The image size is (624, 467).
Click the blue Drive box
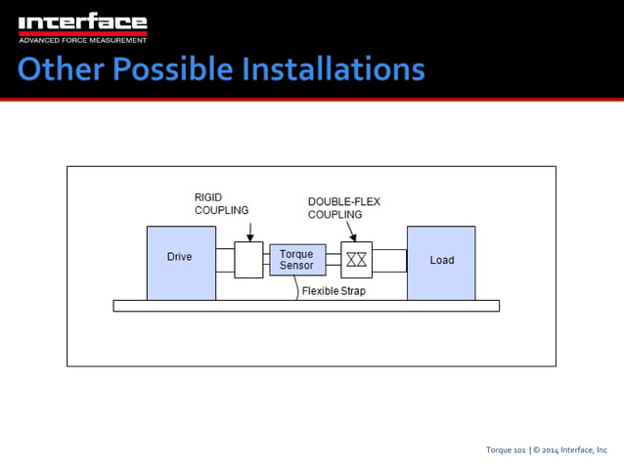(x=181, y=262)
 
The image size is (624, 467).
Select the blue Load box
(x=441, y=262)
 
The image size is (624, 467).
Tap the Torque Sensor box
(x=296, y=260)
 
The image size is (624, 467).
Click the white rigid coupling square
(x=248, y=260)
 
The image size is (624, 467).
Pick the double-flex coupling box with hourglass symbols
(x=356, y=259)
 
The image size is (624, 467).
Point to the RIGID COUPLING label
(x=221, y=203)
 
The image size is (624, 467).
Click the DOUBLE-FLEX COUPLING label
(x=343, y=208)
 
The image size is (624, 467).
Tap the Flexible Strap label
(x=334, y=291)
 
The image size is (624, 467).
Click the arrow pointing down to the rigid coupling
(x=249, y=231)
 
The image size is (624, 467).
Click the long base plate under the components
(x=306, y=306)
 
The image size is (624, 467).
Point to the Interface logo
(x=83, y=22)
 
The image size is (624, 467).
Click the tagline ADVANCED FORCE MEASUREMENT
(x=83, y=40)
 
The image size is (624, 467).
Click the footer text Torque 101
(x=506, y=449)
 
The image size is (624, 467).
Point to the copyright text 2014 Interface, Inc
(x=575, y=449)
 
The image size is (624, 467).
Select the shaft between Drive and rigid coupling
(x=225, y=260)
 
